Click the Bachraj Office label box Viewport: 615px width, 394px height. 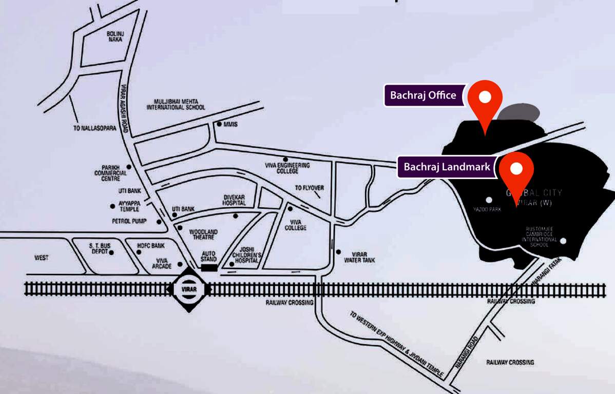[x=423, y=95]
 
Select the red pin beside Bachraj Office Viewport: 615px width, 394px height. [x=485, y=100]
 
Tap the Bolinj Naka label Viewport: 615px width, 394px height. [x=114, y=36]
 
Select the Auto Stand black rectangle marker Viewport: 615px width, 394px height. [x=209, y=267]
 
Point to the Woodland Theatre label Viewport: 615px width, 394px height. [x=203, y=235]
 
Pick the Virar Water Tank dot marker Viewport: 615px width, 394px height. [x=338, y=251]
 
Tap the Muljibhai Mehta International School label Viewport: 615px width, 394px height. [x=176, y=104]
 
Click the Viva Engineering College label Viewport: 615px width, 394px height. [x=294, y=168]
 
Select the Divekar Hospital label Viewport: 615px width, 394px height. [x=235, y=200]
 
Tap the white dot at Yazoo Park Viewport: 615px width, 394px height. [x=489, y=200]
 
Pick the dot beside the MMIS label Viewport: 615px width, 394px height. [x=219, y=124]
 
